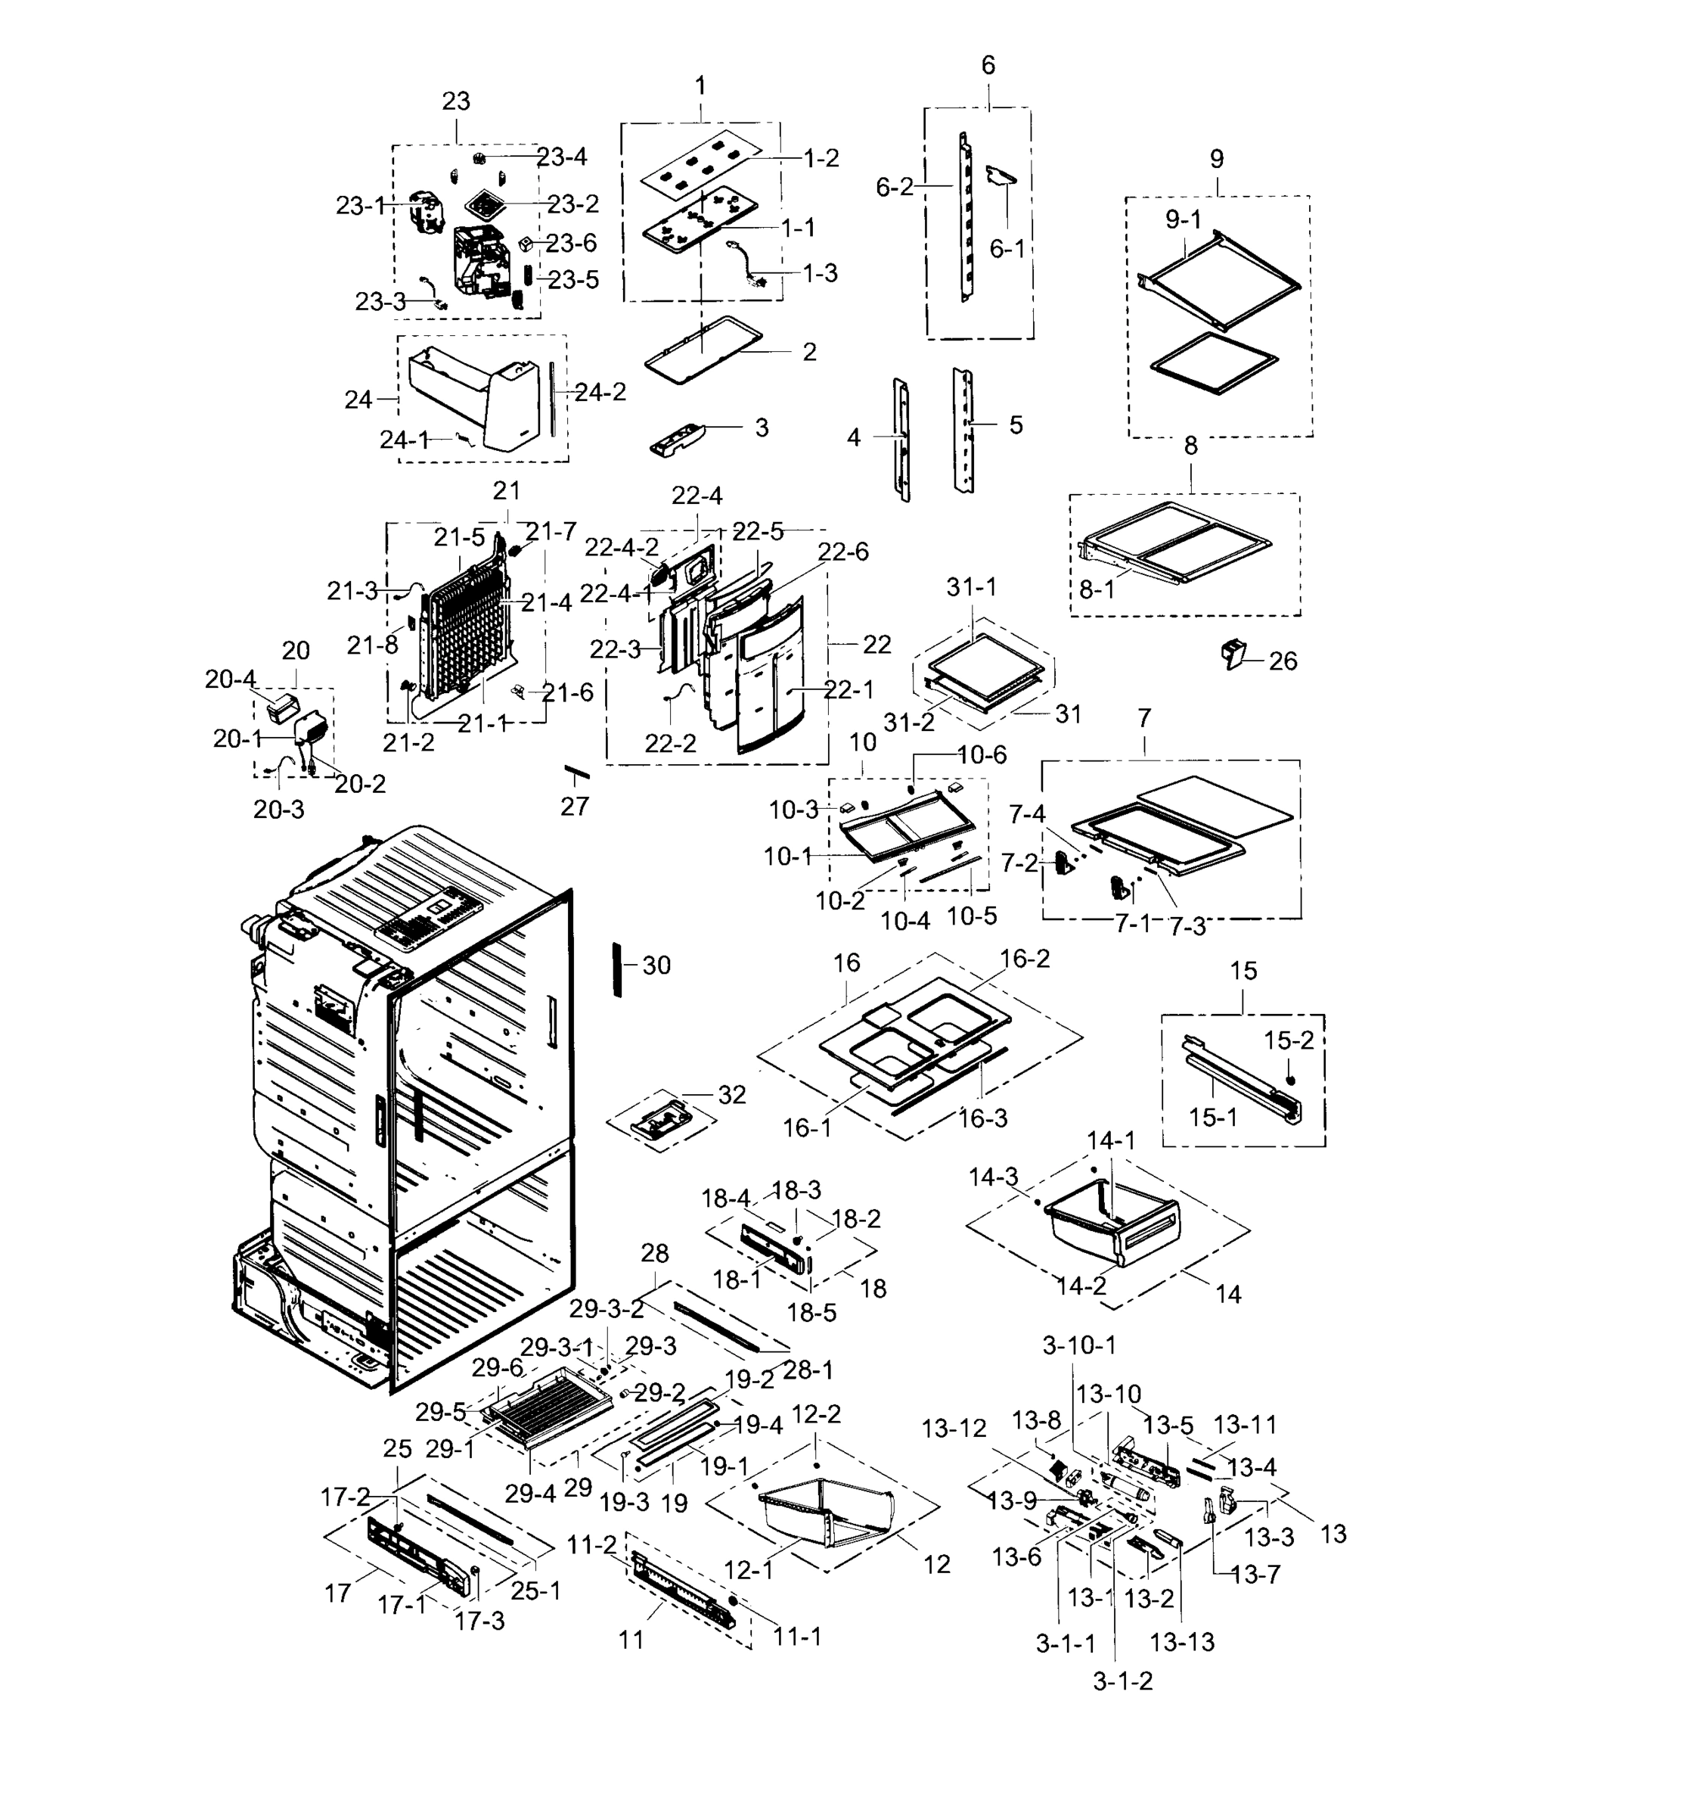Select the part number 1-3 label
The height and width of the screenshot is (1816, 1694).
[x=819, y=273]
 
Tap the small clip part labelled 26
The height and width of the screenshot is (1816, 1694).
[x=1233, y=654]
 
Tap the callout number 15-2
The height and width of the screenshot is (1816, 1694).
[x=1289, y=1040]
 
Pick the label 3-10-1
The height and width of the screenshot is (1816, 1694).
[x=1079, y=1345]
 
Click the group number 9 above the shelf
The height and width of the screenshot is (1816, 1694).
[x=1216, y=159]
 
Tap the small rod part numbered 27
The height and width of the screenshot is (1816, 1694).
[x=576, y=774]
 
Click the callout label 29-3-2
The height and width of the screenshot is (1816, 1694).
[x=607, y=1309]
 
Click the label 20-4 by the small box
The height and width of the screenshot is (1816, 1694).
[x=230, y=679]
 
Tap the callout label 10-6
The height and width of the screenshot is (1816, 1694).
[x=982, y=754]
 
